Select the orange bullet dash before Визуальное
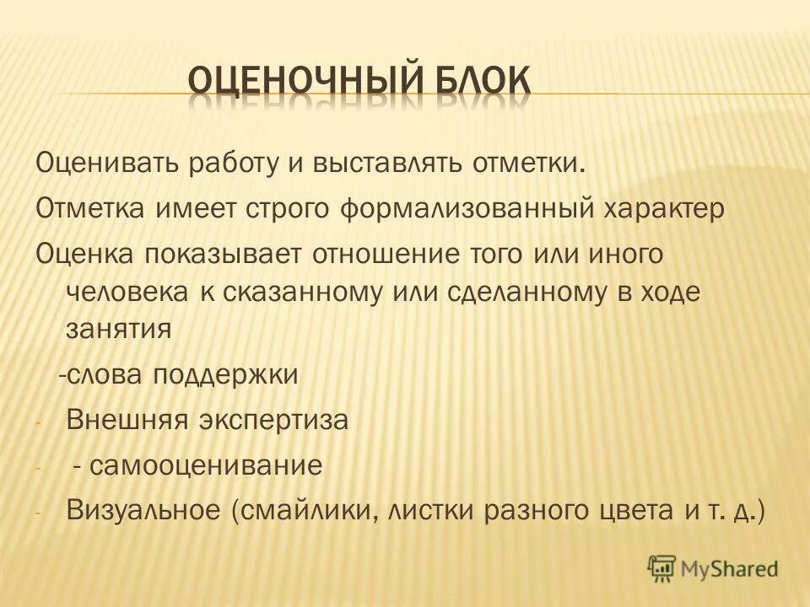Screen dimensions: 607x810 [x=37, y=512]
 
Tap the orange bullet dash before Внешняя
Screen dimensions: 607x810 [x=37, y=422]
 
